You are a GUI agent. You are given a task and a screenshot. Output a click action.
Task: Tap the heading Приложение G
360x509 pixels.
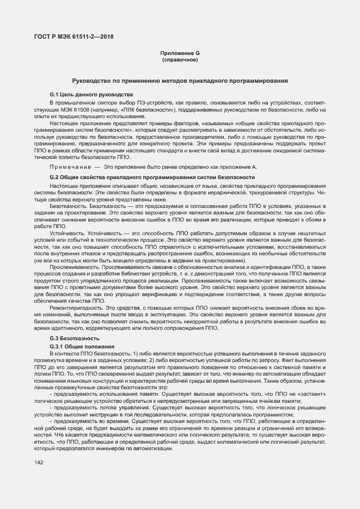(180, 53)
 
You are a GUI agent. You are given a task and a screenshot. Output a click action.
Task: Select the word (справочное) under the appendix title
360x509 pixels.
(180, 59)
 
